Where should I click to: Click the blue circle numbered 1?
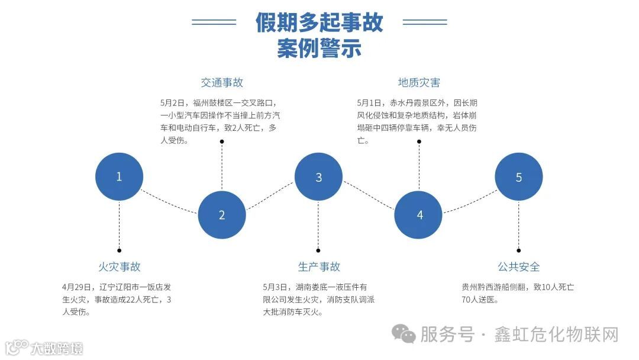tap(119, 176)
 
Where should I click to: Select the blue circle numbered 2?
tap(222, 215)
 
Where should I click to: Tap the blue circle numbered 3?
tap(318, 176)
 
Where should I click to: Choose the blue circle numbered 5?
tap(519, 176)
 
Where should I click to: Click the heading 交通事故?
tap(222, 82)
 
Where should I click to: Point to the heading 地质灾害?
tap(419, 82)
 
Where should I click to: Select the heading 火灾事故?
tap(120, 266)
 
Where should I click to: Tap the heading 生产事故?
tap(319, 266)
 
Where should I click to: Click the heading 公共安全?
tap(519, 266)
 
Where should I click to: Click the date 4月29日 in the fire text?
tap(75, 287)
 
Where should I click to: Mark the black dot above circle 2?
tap(222, 142)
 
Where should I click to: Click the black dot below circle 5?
tap(519, 250)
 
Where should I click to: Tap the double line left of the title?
tap(214, 22)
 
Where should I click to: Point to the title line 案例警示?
tap(319, 49)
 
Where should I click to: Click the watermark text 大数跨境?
tap(57, 348)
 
